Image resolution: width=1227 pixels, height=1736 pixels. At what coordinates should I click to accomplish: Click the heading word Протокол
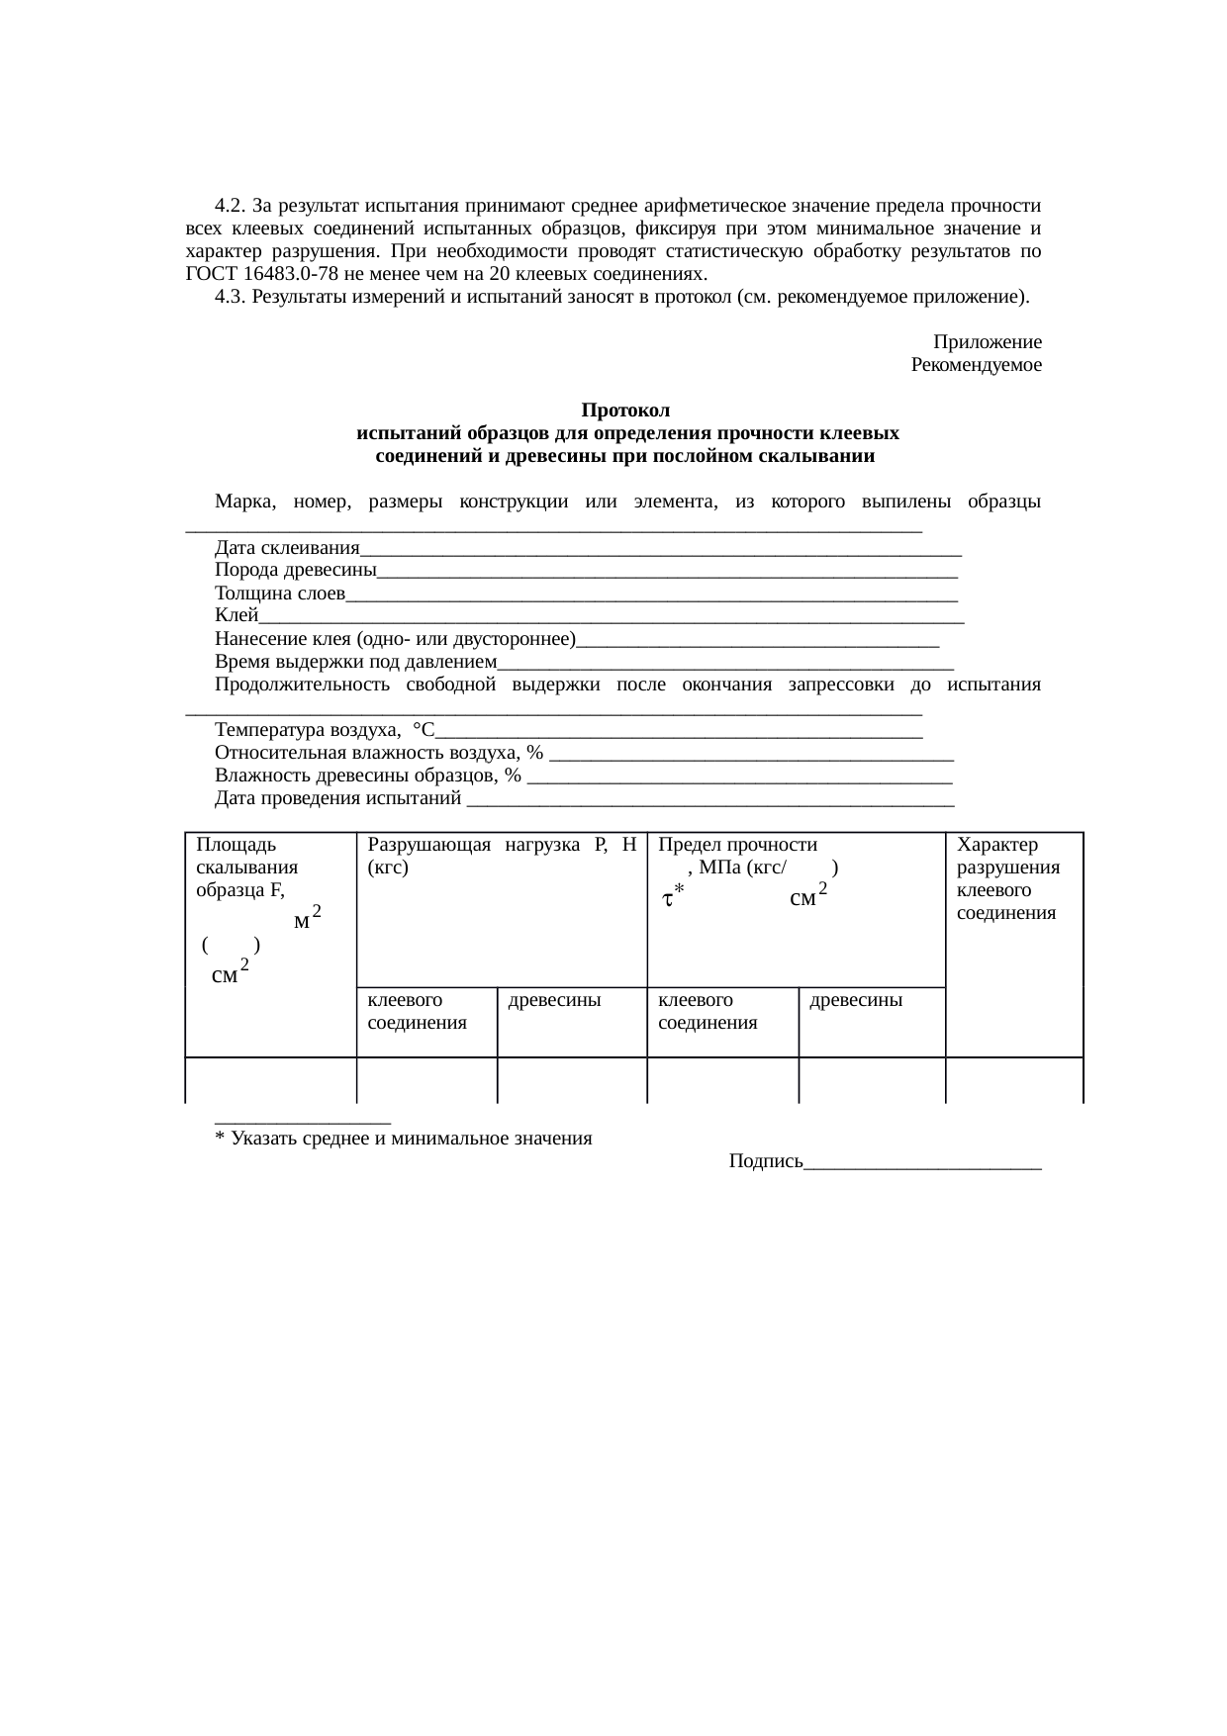tap(625, 411)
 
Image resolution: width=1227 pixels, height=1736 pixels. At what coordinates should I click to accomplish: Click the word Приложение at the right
tap(987, 342)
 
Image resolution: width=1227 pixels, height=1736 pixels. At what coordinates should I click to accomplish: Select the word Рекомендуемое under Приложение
tap(976, 365)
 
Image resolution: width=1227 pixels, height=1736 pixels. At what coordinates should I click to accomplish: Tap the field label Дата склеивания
tap(287, 548)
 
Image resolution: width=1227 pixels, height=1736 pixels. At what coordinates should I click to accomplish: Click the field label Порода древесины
tap(295, 571)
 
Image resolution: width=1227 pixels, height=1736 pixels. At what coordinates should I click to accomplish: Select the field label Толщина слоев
tap(279, 594)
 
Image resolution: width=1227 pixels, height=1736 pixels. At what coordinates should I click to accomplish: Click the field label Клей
tap(236, 616)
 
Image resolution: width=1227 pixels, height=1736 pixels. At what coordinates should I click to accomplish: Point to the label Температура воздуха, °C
tap(324, 731)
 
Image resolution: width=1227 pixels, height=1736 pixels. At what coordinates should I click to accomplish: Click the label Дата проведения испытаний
tap(338, 798)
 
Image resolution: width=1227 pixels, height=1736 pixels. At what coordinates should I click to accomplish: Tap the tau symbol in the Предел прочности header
tap(669, 899)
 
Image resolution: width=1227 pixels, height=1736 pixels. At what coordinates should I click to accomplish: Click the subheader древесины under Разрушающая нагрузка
tap(554, 1000)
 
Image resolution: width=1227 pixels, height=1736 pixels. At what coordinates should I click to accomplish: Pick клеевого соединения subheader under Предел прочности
tap(708, 1011)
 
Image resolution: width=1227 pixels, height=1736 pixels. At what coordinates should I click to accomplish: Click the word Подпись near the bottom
tap(766, 1161)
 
